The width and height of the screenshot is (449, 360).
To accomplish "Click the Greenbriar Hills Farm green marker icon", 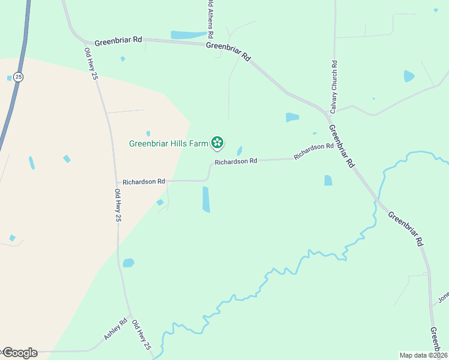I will [x=217, y=143].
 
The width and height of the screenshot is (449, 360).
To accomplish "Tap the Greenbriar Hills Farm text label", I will [x=169, y=143].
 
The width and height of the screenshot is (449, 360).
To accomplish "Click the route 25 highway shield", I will [x=19, y=77].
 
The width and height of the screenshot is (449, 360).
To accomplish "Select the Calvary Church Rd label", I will [x=333, y=87].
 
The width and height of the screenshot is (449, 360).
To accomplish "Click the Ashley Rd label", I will [x=115, y=329].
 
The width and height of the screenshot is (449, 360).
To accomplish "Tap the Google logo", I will [x=20, y=352].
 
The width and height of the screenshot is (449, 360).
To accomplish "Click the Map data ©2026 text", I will [x=423, y=355].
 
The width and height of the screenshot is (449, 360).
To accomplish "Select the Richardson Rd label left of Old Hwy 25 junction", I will [x=143, y=181].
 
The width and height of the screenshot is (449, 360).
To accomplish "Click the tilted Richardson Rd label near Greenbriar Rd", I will [x=313, y=151].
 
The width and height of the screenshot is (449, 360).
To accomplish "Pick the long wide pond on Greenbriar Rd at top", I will [x=189, y=35].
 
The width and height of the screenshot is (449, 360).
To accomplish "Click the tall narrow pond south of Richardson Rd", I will [x=206, y=199].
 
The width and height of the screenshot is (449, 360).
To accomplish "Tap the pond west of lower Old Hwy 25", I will [x=128, y=263].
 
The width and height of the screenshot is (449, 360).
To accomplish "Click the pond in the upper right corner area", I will [x=409, y=76].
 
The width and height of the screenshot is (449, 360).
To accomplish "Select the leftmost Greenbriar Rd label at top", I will [x=118, y=40].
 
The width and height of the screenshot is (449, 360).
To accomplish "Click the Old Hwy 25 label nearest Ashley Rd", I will [x=142, y=335].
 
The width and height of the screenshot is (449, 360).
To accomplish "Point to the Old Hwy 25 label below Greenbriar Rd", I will [x=91, y=64].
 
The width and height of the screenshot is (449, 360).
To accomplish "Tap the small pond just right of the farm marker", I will [x=240, y=151].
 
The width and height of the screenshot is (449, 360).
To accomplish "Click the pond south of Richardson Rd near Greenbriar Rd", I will [x=328, y=180].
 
